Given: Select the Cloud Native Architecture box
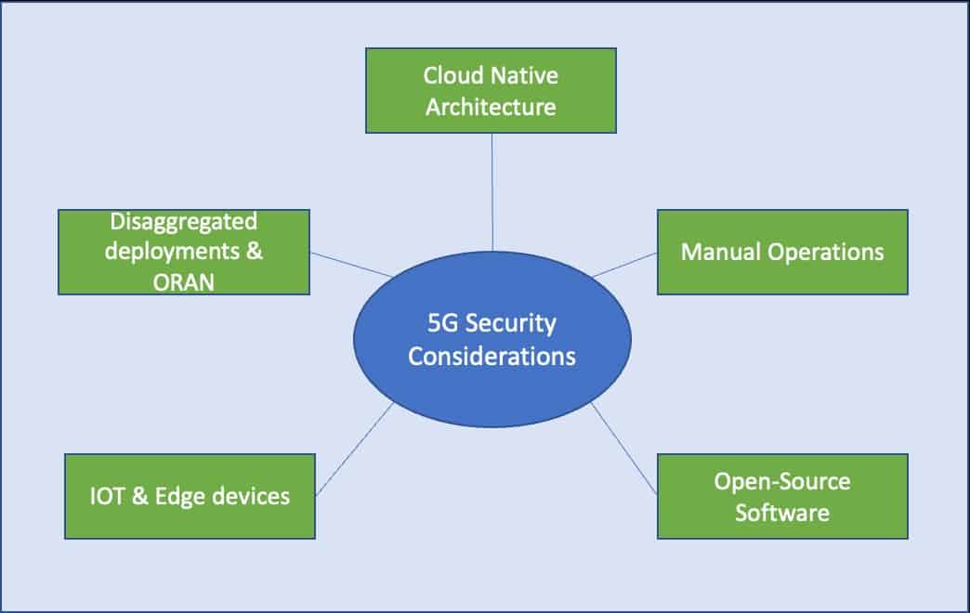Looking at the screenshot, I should click(491, 90).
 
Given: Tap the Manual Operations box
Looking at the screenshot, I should click(782, 252).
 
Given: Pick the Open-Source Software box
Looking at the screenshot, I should click(782, 496).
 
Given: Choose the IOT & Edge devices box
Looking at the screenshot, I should click(190, 496).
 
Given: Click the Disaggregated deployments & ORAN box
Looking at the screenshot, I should click(183, 252).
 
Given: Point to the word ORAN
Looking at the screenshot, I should click(183, 282).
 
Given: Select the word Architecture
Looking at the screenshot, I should click(491, 107).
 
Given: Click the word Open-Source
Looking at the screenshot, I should click(782, 481).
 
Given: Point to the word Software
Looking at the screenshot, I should click(782, 512).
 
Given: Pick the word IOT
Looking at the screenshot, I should click(104, 496).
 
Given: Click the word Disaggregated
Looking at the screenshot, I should click(183, 222).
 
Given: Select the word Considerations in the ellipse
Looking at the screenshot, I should click(492, 356).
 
